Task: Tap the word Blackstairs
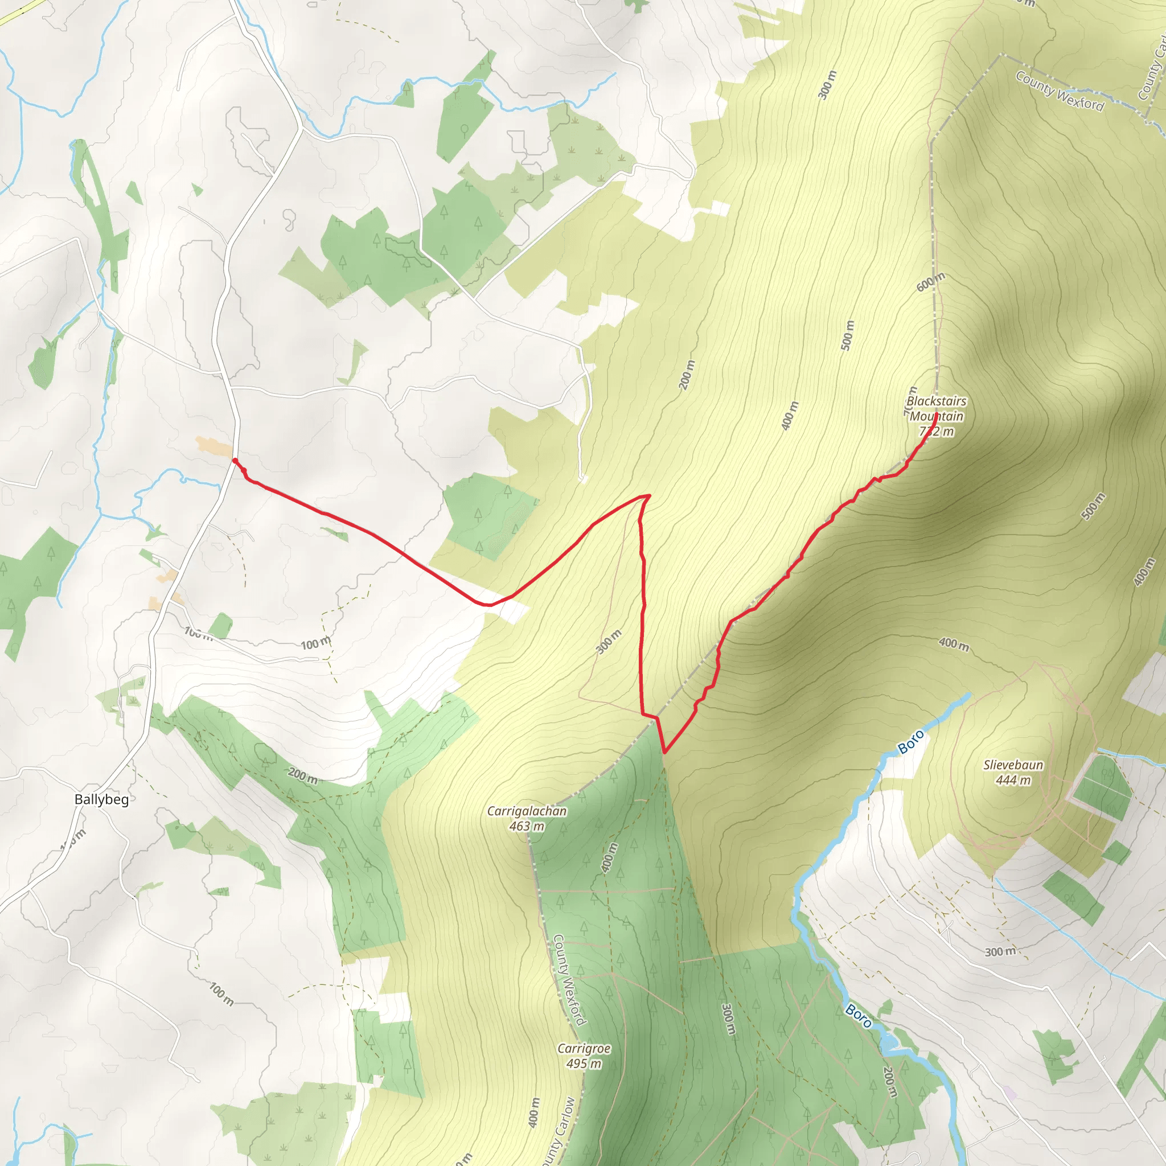pos(936,401)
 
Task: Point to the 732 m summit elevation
pos(936,432)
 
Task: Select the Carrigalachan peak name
pos(527,811)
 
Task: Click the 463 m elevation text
pos(527,826)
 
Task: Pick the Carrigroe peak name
pos(584,1048)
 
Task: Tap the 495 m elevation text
pos(584,1064)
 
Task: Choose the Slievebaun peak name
pos(1013,765)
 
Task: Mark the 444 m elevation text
pos(1013,781)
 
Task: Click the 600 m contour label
pos(931,282)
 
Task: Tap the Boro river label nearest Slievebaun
pos(911,742)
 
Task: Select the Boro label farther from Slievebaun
pos(858,1016)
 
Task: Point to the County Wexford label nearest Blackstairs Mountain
pos(1059,91)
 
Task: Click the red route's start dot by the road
pos(235,461)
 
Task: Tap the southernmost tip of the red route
pos(664,753)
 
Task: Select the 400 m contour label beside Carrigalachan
pos(610,857)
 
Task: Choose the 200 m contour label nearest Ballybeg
pos(303,775)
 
